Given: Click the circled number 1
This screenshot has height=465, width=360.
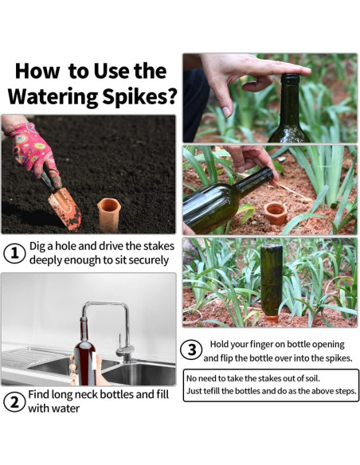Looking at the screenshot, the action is pos(14,253).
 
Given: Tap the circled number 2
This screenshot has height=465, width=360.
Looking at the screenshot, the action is pos(14,402).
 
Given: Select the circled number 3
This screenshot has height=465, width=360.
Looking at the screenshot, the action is pos(192,350).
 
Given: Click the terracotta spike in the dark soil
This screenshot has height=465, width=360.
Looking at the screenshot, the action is pos(108,214).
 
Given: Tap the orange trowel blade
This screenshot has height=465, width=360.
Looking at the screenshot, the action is pos(66,209).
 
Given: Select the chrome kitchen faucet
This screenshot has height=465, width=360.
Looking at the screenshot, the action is pos(114,329).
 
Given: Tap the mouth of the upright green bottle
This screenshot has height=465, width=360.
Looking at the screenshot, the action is pos(291,76).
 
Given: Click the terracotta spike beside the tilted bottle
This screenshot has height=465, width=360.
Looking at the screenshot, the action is pos(276,213).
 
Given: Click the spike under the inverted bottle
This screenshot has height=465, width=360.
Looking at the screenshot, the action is pos(272,319).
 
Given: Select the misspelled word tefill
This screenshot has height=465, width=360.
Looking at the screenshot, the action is pos(211,391).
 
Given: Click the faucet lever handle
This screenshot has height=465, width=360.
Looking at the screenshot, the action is pos(120,341).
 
